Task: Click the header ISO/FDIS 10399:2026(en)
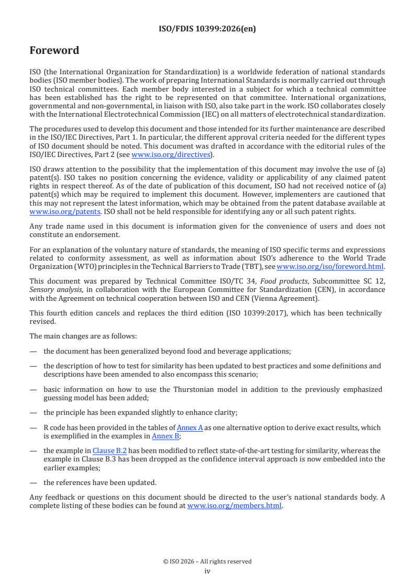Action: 207,29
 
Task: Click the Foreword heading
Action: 54,51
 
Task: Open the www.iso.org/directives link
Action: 171,154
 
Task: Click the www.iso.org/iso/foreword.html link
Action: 330,266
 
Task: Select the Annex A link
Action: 189,427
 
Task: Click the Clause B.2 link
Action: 109,450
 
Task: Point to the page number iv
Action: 207,571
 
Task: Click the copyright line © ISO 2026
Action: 207,561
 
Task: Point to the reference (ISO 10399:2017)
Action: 278,313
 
